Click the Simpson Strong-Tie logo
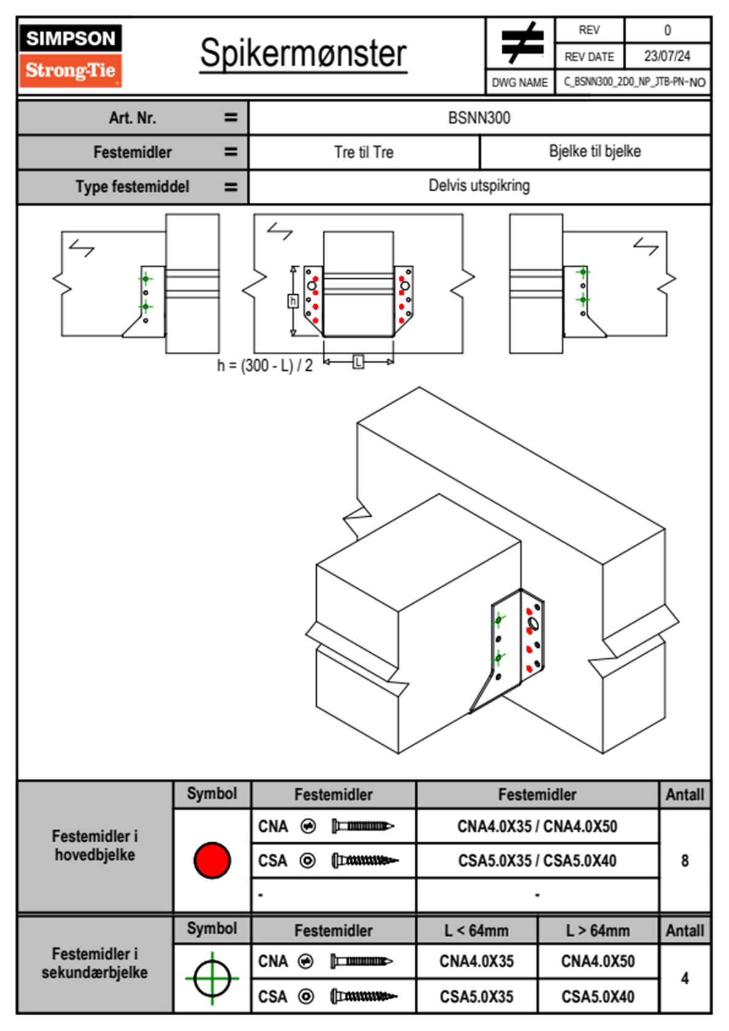coord(70,55)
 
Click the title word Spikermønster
coord(303,53)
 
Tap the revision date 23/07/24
coord(667,56)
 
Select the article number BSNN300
coord(479,118)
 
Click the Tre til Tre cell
coord(364,152)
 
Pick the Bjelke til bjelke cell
coord(595,151)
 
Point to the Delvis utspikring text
coord(479,186)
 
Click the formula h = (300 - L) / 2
coord(265,366)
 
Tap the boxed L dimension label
coord(358,362)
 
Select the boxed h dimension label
coord(293,301)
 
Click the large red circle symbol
coord(212,861)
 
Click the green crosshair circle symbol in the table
coord(212,978)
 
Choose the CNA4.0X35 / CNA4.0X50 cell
coord(537,826)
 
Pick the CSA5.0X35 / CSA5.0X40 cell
coord(537,861)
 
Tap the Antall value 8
coord(685,861)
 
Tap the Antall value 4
coord(685,978)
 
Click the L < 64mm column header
coord(477,930)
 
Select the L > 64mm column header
coord(598,930)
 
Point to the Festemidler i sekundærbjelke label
coord(95,963)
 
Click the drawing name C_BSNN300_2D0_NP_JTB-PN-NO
coord(634,82)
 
